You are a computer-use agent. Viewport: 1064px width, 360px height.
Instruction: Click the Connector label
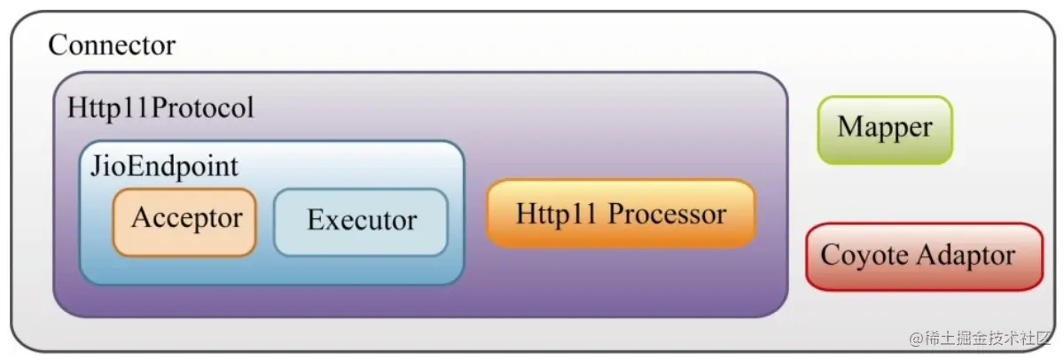112,45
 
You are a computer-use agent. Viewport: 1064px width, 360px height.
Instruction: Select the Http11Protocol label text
160,108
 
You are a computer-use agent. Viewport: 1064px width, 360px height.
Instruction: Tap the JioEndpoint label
164,166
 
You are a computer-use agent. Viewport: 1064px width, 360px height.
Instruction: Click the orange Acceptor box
184,222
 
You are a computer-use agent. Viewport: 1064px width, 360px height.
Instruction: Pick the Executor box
361,222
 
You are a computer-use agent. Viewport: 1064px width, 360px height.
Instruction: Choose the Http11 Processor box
621,214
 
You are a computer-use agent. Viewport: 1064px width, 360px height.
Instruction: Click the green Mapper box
885,129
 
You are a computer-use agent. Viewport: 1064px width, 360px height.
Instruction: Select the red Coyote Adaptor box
924,256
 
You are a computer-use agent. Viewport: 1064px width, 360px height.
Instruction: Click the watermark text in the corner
982,339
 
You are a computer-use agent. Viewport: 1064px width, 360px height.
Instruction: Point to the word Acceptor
186,217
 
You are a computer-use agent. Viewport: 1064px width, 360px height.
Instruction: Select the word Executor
362,220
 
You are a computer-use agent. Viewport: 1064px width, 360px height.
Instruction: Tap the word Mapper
885,128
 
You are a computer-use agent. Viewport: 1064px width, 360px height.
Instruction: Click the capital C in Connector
58,45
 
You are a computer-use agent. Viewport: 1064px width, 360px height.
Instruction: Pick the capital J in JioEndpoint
95,166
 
